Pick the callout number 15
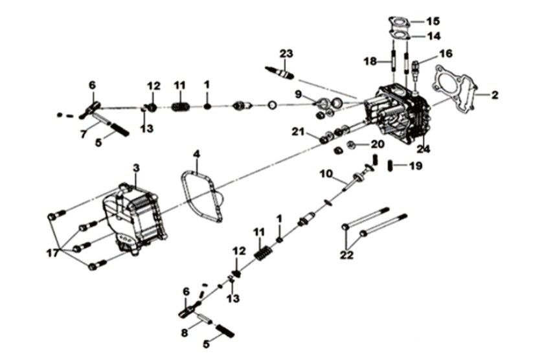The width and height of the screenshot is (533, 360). click(433, 21)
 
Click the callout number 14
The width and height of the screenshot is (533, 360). click(433, 36)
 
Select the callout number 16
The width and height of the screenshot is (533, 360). click(446, 53)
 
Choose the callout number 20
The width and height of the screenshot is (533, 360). click(377, 144)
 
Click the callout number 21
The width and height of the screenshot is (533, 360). click(297, 132)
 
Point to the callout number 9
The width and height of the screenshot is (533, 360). click(298, 95)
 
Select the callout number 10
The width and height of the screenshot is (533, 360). click(326, 174)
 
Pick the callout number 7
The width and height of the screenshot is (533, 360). click(83, 133)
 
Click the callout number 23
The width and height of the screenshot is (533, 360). click(287, 53)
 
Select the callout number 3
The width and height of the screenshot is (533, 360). click(136, 168)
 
